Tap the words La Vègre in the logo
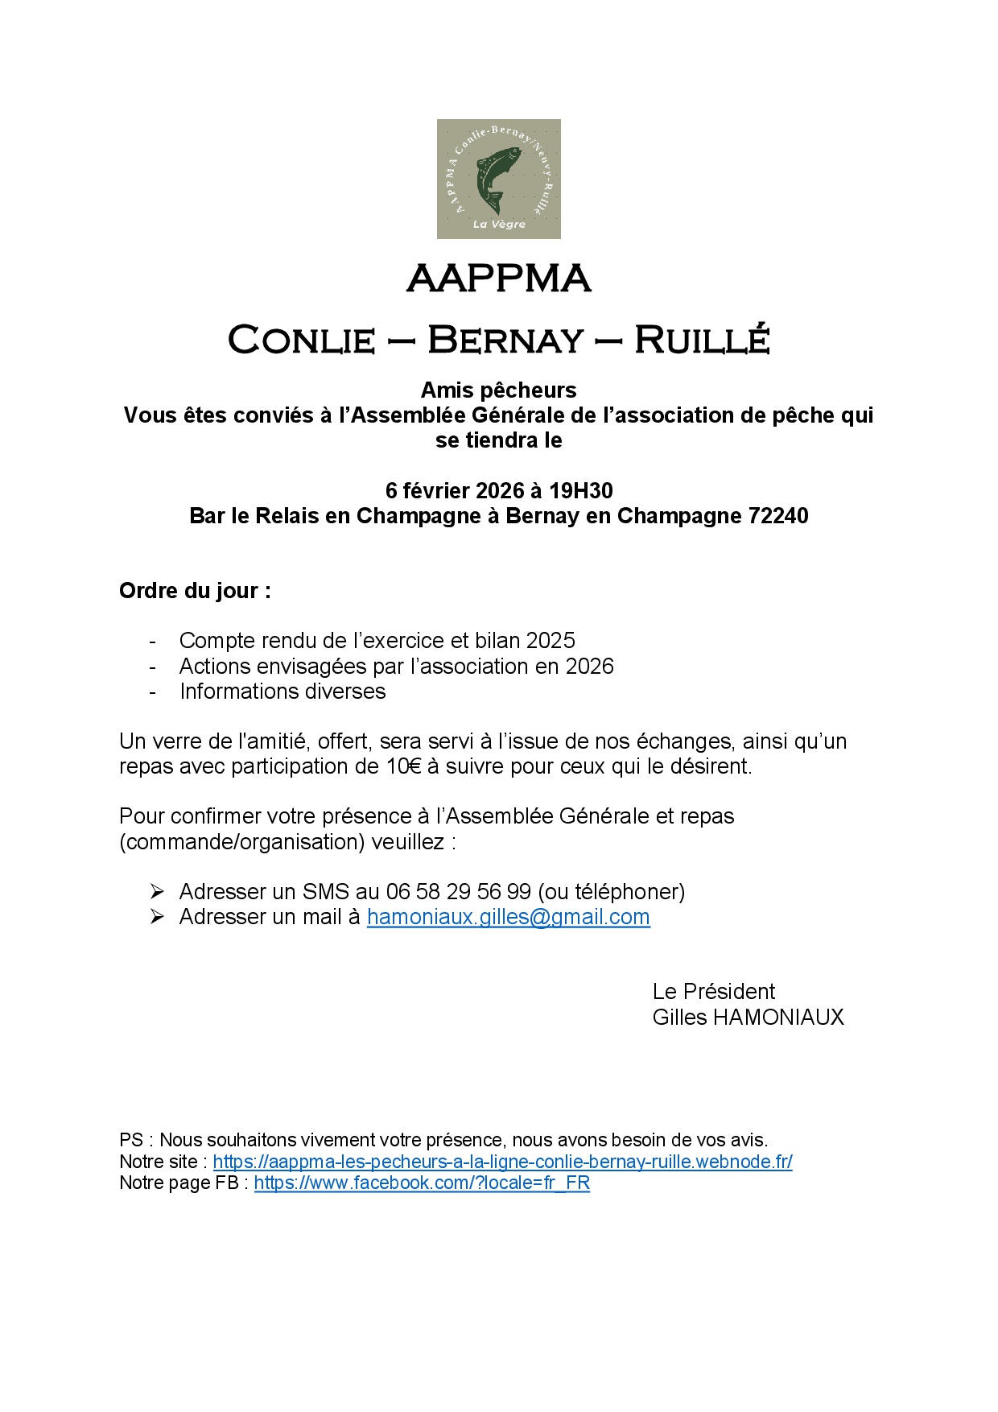pos(499,225)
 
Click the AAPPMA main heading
pos(499,279)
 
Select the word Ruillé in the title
pos(702,340)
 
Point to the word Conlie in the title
pos(302,341)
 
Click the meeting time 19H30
pos(581,490)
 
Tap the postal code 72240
pos(778,516)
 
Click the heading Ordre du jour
pos(195,591)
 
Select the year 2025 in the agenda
pos(551,641)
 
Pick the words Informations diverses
pos(282,692)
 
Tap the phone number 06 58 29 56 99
pos(459,892)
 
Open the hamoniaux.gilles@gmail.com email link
pos(508,917)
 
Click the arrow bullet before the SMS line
pos(157,892)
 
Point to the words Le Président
pos(714,992)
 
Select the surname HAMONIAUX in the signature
pos(778,1018)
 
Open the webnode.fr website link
pos(502,1162)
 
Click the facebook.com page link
pos(422,1183)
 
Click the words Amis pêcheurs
pos(499,390)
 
